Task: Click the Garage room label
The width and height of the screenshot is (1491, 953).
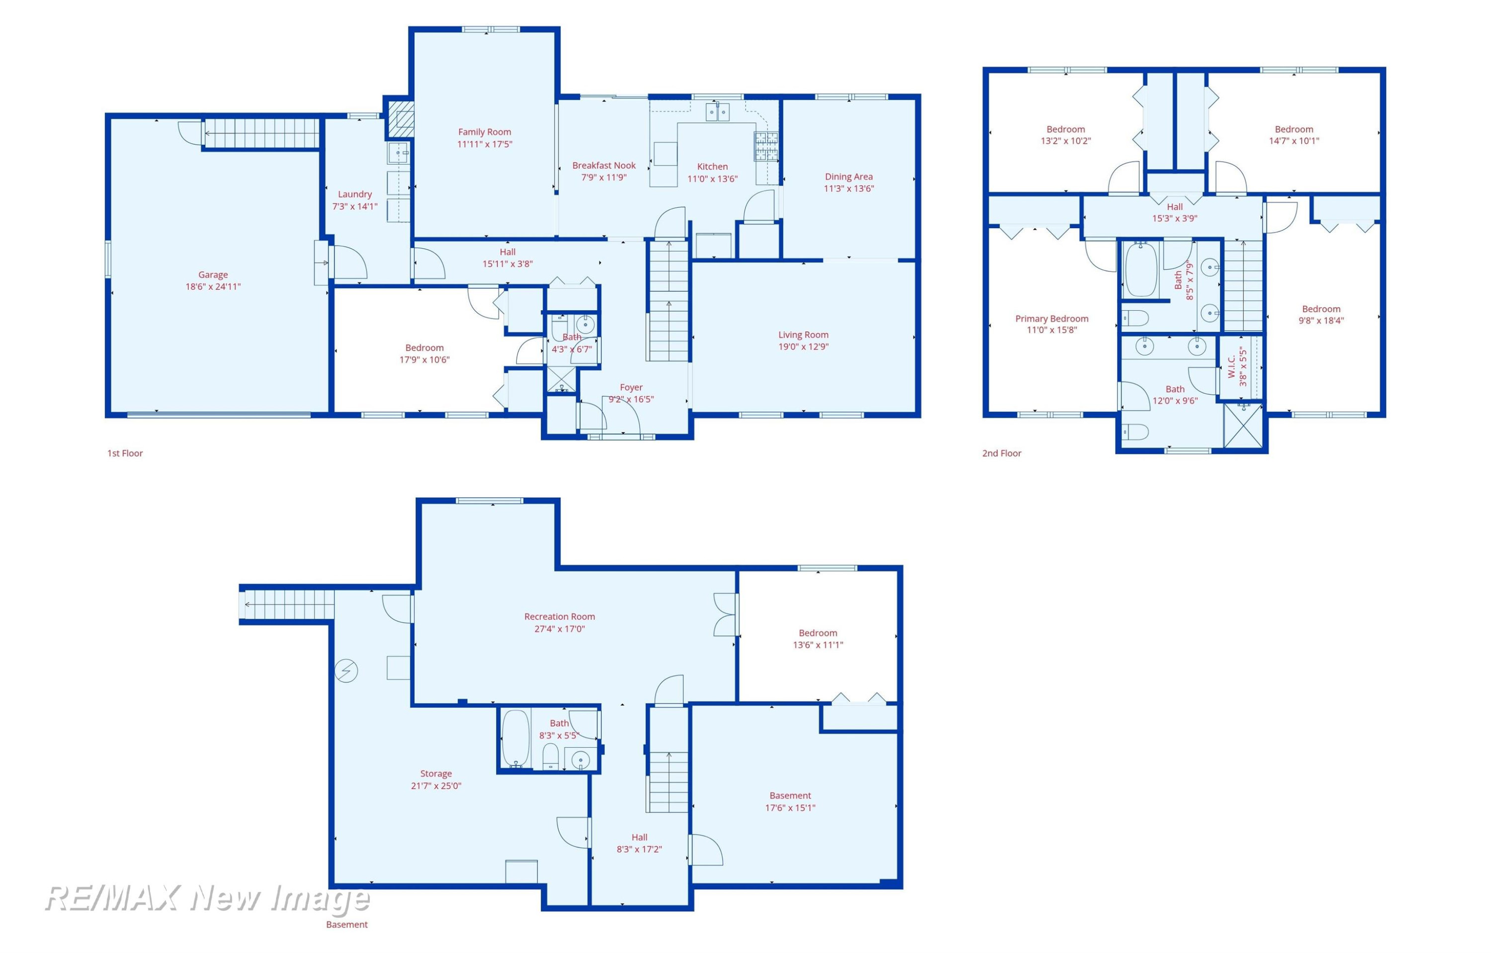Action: (213, 274)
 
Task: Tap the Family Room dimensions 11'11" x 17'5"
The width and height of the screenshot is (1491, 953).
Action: (485, 144)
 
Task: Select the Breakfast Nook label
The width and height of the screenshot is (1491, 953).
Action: (604, 166)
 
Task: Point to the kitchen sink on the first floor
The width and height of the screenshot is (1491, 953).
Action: (718, 112)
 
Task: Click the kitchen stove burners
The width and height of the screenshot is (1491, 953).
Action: (765, 147)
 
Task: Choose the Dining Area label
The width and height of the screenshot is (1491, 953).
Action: (848, 176)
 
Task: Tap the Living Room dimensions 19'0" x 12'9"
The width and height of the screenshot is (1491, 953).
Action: (803, 347)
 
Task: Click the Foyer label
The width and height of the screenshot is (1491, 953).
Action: (631, 387)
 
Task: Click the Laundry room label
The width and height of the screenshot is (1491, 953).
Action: (355, 194)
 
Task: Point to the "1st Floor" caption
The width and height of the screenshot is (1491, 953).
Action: (125, 453)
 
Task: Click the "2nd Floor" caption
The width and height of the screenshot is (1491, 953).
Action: (1001, 453)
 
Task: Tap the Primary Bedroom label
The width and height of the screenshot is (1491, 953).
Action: (1051, 318)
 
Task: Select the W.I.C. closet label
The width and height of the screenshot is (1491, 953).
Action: (1232, 366)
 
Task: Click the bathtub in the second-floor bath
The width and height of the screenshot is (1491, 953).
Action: (1141, 270)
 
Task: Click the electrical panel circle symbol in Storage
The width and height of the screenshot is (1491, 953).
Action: (346, 671)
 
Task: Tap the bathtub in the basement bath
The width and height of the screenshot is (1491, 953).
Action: (515, 738)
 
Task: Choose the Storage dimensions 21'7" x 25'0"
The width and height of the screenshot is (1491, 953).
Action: (436, 786)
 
